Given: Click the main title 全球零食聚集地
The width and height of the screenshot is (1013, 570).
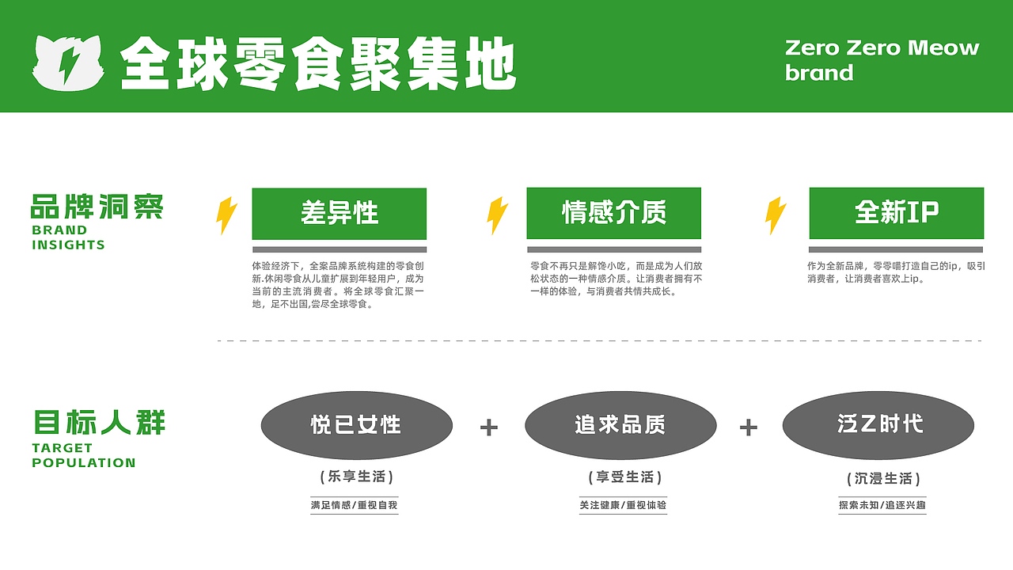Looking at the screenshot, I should pyautogui.click(x=318, y=63).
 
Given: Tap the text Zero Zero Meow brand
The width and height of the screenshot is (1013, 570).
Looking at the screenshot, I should pyautogui.click(x=882, y=60).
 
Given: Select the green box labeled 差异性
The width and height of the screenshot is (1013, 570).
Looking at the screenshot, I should pyautogui.click(x=339, y=213).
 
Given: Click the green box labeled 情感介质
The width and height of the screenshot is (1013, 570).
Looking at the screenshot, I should pyautogui.click(x=613, y=212).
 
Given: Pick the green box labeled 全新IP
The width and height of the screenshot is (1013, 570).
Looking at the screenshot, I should pyautogui.click(x=896, y=212).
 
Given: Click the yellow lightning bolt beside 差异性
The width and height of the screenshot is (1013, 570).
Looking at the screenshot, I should pyautogui.click(x=226, y=215).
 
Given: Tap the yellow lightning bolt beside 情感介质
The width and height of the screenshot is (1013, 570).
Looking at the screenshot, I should pyautogui.click(x=497, y=215).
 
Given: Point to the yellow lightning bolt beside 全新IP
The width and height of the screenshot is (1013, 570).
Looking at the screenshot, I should pyautogui.click(x=776, y=215).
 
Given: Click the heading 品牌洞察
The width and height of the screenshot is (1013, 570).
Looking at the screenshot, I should pyautogui.click(x=97, y=207).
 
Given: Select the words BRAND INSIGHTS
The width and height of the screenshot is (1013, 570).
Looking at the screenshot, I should pyautogui.click(x=69, y=237).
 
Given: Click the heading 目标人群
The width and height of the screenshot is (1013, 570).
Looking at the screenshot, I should pyautogui.click(x=100, y=422).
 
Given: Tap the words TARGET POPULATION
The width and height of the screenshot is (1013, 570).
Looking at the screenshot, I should pyautogui.click(x=83, y=455).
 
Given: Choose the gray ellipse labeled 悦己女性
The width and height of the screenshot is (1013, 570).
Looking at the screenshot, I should pyautogui.click(x=356, y=425).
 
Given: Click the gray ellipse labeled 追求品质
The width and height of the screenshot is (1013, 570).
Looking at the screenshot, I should pyautogui.click(x=620, y=425).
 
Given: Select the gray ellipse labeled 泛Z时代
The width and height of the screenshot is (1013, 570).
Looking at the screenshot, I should pyautogui.click(x=878, y=425).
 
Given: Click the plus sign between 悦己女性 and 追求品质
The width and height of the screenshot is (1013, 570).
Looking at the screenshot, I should pyautogui.click(x=489, y=427).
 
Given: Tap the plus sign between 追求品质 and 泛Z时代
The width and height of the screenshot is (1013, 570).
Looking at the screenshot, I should pyautogui.click(x=748, y=427).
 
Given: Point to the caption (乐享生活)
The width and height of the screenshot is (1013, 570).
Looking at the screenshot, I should pyautogui.click(x=356, y=477).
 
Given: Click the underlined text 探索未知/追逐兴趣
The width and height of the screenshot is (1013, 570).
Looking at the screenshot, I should pyautogui.click(x=882, y=505).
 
